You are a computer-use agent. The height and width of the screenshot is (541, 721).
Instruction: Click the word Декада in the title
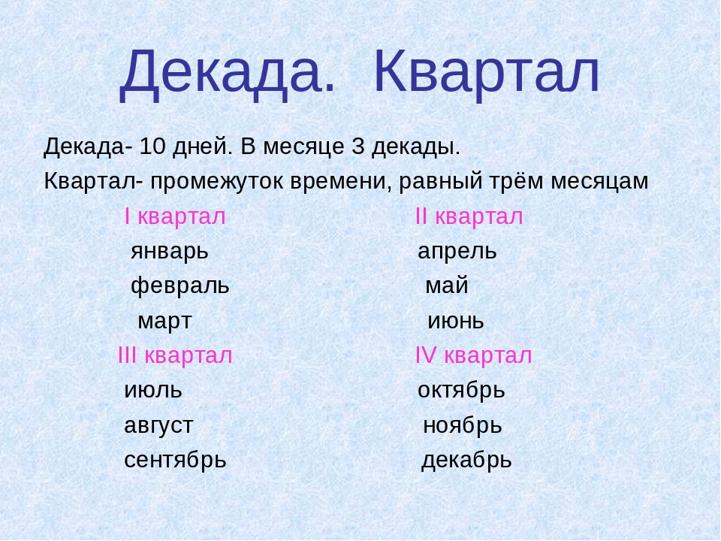tap(228, 74)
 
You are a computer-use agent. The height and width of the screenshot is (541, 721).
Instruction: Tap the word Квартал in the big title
tap(487, 74)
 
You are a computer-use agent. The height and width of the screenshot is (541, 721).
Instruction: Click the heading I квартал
tap(175, 216)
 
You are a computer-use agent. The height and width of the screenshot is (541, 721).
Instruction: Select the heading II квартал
tap(469, 216)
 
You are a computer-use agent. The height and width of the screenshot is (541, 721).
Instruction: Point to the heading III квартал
tap(175, 355)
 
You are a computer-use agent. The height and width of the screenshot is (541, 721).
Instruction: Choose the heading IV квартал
tap(474, 355)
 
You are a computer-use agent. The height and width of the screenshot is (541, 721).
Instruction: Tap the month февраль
tap(180, 286)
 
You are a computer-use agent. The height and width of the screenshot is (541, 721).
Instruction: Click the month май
tap(446, 286)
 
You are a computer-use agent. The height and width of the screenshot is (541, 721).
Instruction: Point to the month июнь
tap(456, 322)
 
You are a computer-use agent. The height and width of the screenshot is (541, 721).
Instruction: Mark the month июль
tap(153, 391)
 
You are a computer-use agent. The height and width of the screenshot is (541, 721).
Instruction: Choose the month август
tap(158, 426)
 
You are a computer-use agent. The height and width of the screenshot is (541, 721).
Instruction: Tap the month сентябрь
tap(175, 460)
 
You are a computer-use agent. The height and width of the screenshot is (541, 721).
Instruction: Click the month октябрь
tap(461, 390)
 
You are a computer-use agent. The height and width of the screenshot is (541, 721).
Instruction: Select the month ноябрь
tap(462, 425)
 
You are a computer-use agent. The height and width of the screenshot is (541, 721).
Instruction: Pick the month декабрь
tap(466, 460)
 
